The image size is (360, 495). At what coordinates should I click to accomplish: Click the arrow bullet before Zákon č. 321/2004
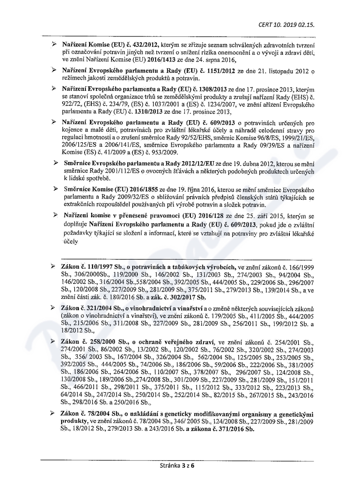click(54, 306)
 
